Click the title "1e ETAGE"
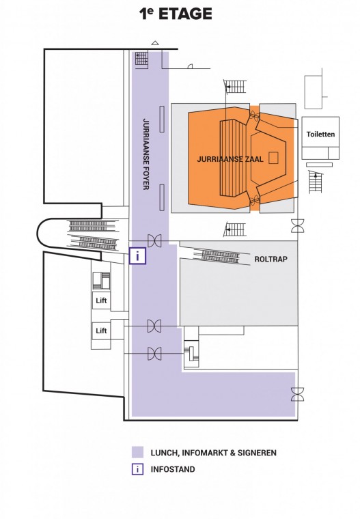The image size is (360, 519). (176, 14)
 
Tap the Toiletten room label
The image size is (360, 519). (320, 134)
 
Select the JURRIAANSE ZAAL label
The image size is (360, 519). (230, 159)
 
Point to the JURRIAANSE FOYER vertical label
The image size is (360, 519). (146, 154)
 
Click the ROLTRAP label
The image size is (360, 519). (271, 259)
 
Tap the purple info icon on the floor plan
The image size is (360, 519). (137, 256)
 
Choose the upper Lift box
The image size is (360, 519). (101, 300)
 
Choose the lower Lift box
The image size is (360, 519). (101, 331)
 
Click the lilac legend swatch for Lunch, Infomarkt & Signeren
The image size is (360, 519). (137, 452)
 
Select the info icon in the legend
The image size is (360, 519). (137, 469)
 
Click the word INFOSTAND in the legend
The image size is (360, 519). (173, 469)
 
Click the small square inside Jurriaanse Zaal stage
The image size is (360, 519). (273, 158)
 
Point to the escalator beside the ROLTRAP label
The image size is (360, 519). (221, 256)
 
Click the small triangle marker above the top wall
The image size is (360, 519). (155, 43)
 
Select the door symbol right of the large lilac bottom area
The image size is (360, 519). (297, 394)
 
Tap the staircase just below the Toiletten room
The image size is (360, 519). (316, 182)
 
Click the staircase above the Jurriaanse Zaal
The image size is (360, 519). (235, 87)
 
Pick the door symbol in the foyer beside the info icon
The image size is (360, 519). (154, 240)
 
